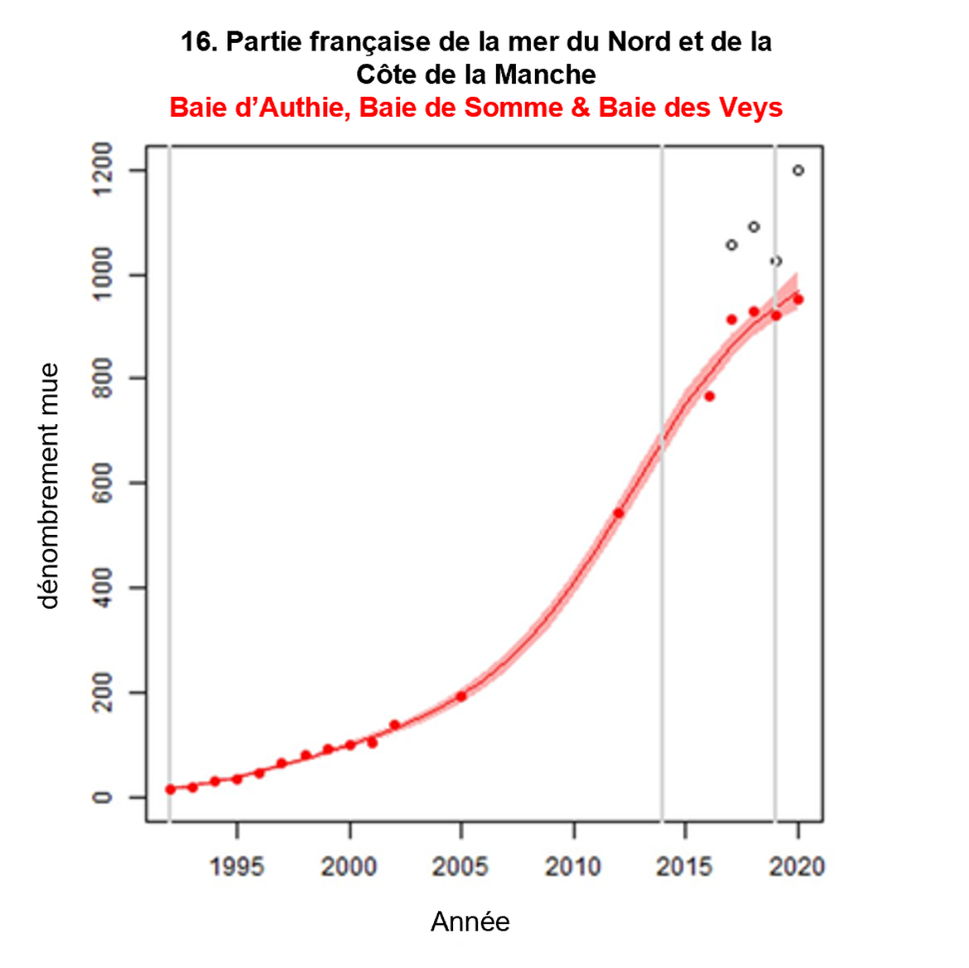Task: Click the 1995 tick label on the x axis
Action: point(237,867)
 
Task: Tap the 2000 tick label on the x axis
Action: point(350,867)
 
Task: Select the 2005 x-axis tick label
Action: point(460,867)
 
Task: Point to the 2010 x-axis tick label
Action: point(573,867)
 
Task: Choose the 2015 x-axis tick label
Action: point(685,867)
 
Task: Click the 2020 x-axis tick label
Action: point(797,867)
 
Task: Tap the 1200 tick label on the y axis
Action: point(103,170)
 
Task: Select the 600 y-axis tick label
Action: point(103,483)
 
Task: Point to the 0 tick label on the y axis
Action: point(103,797)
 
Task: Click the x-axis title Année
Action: point(470,922)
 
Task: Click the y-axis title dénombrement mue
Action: point(49,486)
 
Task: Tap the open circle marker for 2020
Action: point(798,171)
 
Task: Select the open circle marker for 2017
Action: point(731,245)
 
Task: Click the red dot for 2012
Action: point(619,513)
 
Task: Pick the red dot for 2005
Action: point(461,696)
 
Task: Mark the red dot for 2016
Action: point(709,397)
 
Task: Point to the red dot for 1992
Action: point(171,790)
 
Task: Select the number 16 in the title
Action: point(197,41)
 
